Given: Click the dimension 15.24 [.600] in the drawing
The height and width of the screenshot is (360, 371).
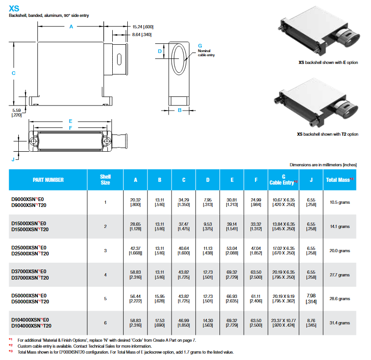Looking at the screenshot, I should (x=142, y=27).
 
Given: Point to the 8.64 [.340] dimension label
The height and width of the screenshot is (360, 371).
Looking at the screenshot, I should (x=142, y=35).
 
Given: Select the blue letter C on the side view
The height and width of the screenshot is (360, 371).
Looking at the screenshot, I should (x=14, y=73).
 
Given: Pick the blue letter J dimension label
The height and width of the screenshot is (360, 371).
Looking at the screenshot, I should (x=13, y=159).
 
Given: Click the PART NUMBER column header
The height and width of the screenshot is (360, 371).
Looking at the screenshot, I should (x=48, y=180).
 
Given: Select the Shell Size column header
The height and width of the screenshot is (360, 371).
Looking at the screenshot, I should (x=105, y=180).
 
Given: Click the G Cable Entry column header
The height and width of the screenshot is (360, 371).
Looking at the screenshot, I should (x=283, y=180).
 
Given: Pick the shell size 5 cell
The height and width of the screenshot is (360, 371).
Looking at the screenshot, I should (x=105, y=299).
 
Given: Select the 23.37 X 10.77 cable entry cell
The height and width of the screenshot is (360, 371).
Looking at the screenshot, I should (x=283, y=323).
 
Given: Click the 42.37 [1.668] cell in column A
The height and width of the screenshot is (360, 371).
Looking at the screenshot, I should (x=136, y=250).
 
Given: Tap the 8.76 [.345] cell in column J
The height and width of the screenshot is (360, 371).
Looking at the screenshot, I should (x=311, y=323).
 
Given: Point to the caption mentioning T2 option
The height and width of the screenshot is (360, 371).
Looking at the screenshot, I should (x=328, y=134).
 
